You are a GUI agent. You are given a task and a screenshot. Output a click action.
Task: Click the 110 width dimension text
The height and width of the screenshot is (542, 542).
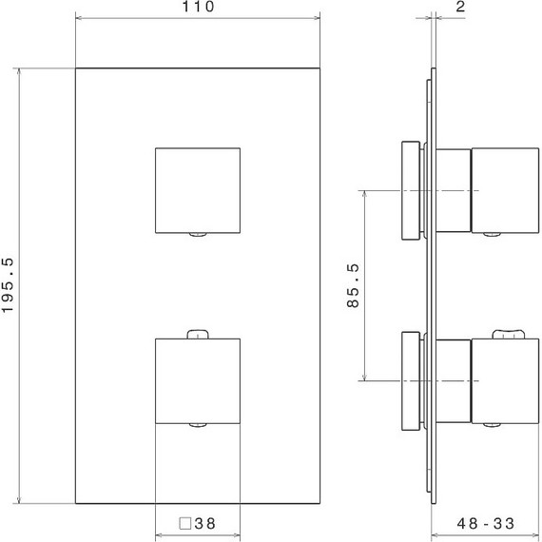coord(197,8)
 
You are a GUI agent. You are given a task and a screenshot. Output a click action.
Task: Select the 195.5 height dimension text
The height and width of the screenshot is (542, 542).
coord(9,286)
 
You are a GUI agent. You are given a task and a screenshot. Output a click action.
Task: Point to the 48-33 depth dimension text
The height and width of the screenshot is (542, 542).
coord(485,523)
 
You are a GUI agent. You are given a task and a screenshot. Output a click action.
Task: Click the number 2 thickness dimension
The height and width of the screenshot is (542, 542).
coord(458,8)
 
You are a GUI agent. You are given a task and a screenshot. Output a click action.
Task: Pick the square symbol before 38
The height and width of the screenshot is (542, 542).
coord(185,523)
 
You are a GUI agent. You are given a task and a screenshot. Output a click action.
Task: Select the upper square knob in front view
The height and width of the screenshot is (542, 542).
coord(197,189)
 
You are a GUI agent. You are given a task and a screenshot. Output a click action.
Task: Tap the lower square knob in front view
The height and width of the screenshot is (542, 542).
coord(197,379)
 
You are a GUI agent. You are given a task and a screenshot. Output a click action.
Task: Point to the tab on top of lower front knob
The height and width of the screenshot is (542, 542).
coord(197,333)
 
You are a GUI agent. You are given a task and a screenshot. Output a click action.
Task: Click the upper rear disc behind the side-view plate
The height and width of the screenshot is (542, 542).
coord(411,189)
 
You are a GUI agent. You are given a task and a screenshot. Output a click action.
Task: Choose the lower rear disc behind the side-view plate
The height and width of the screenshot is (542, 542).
coord(411,379)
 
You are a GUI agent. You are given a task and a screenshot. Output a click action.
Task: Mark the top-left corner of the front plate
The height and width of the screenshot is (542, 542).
coord(75,69)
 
